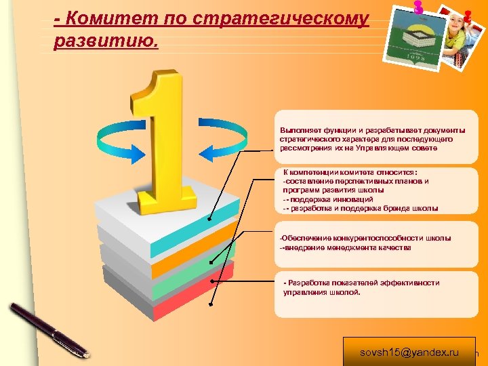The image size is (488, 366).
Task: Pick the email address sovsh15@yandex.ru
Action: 409,352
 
